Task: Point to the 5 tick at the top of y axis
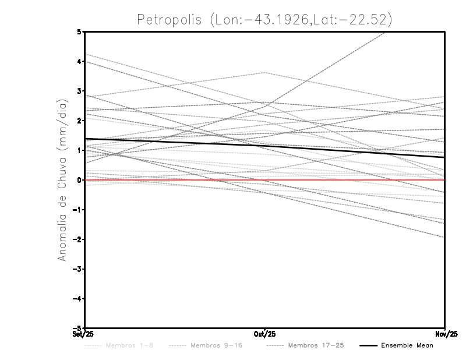tap(80, 31)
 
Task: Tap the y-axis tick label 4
tap(80, 61)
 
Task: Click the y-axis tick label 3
tap(80, 91)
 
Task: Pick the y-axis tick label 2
tap(80, 121)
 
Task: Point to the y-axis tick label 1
tap(80, 150)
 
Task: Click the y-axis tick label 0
tap(80, 180)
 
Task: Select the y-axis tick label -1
tap(78, 210)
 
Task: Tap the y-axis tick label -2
tap(78, 239)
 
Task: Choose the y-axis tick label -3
tap(78, 269)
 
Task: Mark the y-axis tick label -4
tap(78, 298)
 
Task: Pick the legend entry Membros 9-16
tap(216, 345)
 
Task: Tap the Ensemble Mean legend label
tap(407, 345)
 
